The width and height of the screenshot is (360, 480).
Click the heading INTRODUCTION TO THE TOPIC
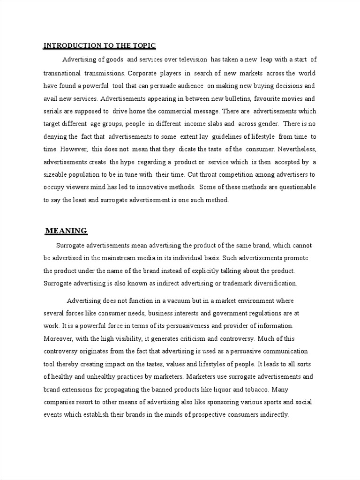(x=99, y=45)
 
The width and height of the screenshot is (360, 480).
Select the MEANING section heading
(x=66, y=231)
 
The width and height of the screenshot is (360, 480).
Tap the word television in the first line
(x=190, y=60)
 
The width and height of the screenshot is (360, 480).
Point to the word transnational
(x=62, y=73)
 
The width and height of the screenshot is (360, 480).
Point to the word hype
(x=131, y=162)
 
